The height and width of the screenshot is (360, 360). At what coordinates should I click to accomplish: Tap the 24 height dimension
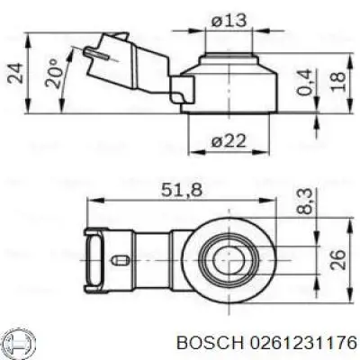coord(14,75)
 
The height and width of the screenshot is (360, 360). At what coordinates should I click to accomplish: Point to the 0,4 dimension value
coord(310,84)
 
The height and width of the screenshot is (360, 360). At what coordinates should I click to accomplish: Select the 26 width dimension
coord(337,260)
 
